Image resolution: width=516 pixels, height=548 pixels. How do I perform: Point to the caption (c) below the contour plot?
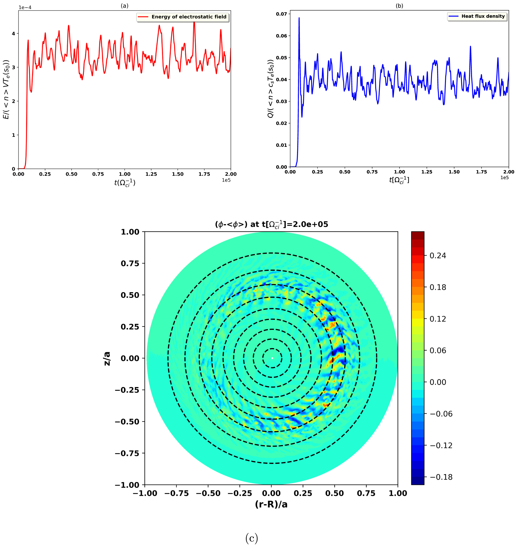coord(251,538)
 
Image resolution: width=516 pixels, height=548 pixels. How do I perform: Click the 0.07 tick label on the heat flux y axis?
coord(281,14)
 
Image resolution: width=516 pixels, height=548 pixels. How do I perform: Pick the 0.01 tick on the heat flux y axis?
coord(281,145)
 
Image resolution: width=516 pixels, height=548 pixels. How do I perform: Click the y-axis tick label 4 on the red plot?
coord(13,34)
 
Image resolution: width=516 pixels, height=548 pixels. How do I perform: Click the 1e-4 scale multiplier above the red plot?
coord(25,7)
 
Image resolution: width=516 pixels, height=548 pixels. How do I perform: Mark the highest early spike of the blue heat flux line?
coord(299,18)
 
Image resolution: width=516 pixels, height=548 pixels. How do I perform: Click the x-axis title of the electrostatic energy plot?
coord(125,182)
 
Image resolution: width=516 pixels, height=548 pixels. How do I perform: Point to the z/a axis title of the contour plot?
coord(107,358)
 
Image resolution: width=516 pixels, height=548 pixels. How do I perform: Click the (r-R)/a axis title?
coord(271,504)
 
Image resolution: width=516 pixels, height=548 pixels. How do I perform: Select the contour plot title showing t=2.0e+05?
coord(271,224)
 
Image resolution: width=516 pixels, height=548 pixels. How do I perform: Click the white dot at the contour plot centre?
coord(272,358)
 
